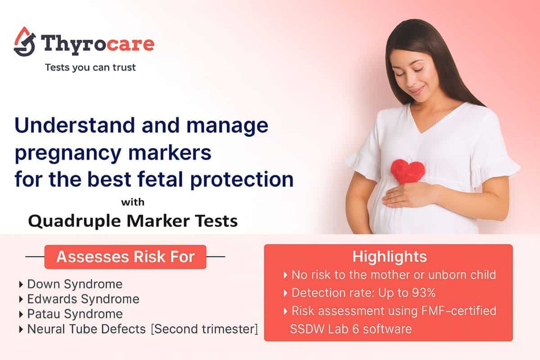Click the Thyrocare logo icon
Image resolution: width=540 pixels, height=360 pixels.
click(25, 42)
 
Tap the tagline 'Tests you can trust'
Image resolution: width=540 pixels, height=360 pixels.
click(90, 68)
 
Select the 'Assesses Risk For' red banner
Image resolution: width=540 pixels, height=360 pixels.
click(125, 257)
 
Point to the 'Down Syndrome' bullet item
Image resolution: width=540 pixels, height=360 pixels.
click(75, 284)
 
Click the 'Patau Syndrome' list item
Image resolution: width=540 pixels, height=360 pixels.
click(75, 314)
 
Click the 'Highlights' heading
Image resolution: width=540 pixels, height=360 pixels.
click(389, 257)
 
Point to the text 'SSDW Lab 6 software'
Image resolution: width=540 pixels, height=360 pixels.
click(351, 329)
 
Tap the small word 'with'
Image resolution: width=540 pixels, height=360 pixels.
click(133, 202)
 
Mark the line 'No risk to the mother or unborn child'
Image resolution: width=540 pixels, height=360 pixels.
click(393, 275)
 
